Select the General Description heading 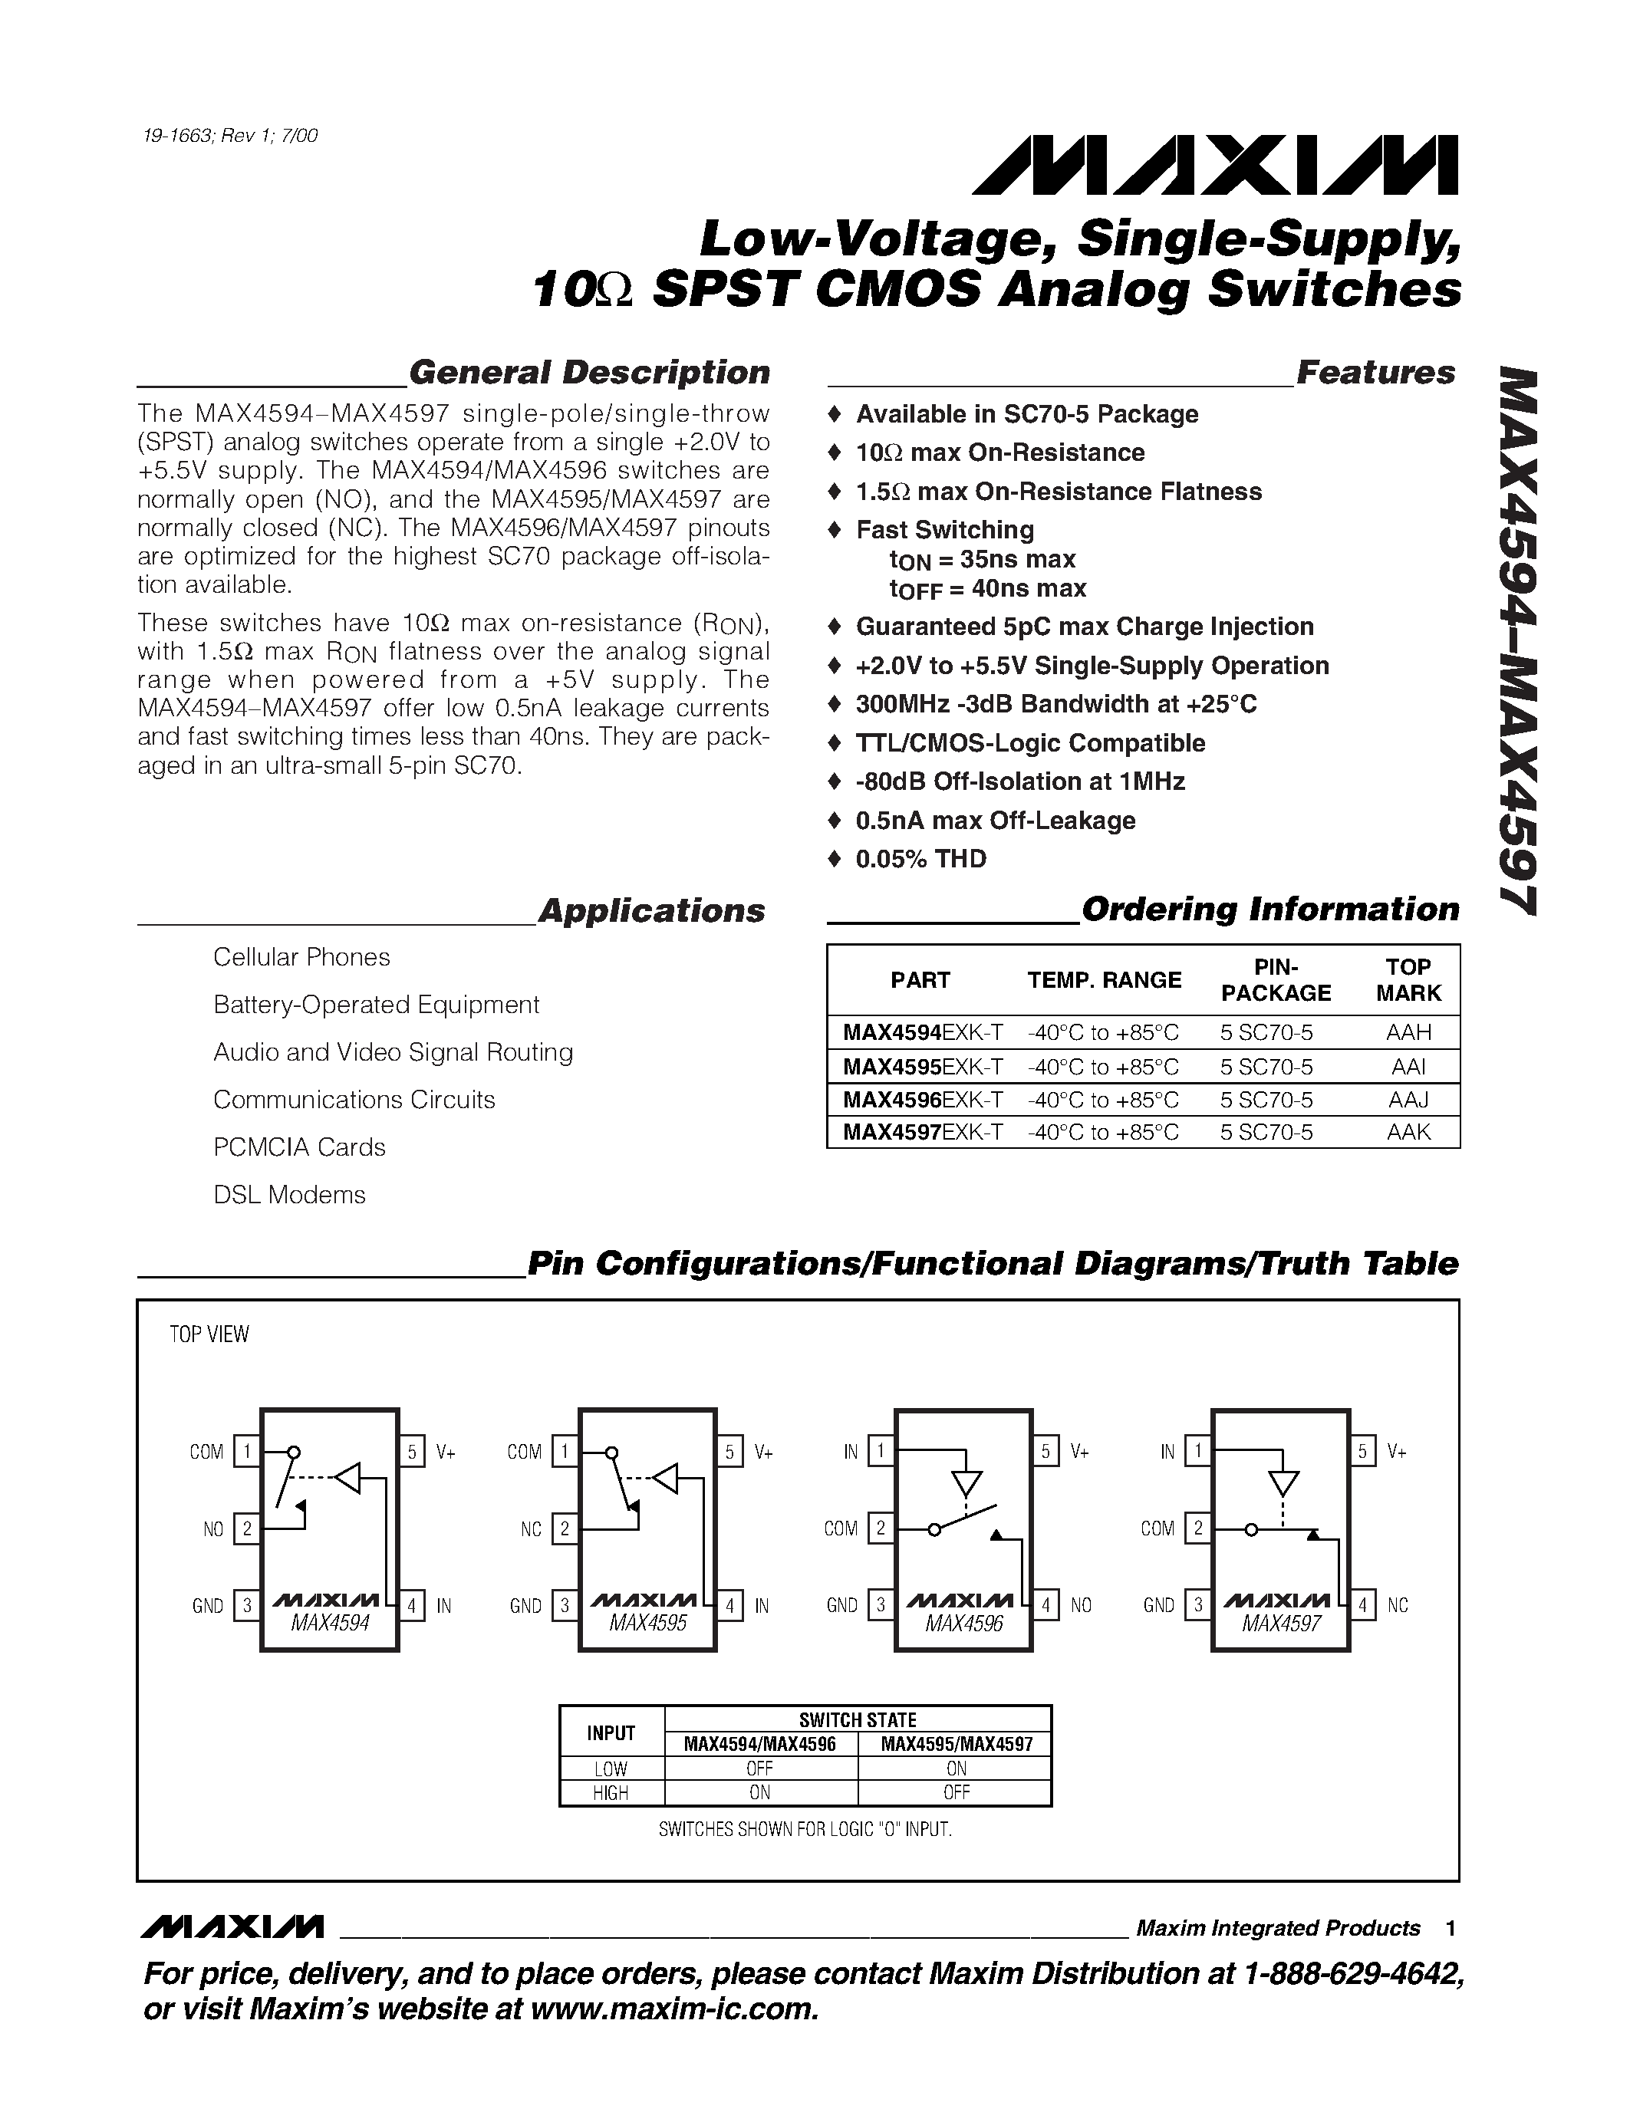coord(589,373)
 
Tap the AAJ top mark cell coord(1408,1099)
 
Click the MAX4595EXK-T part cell coord(922,1066)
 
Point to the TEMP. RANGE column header coord(1104,980)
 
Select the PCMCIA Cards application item coord(298,1147)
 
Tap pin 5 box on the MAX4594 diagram coord(413,1452)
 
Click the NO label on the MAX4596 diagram coord(1081,1605)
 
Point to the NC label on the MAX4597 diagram coord(1398,1605)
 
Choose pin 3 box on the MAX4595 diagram coord(565,1606)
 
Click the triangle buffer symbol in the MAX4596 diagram coord(966,1482)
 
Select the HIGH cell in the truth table coord(611,1792)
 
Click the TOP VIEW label coord(209,1334)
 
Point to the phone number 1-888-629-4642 coord(1350,1974)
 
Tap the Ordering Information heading coord(1269,910)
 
